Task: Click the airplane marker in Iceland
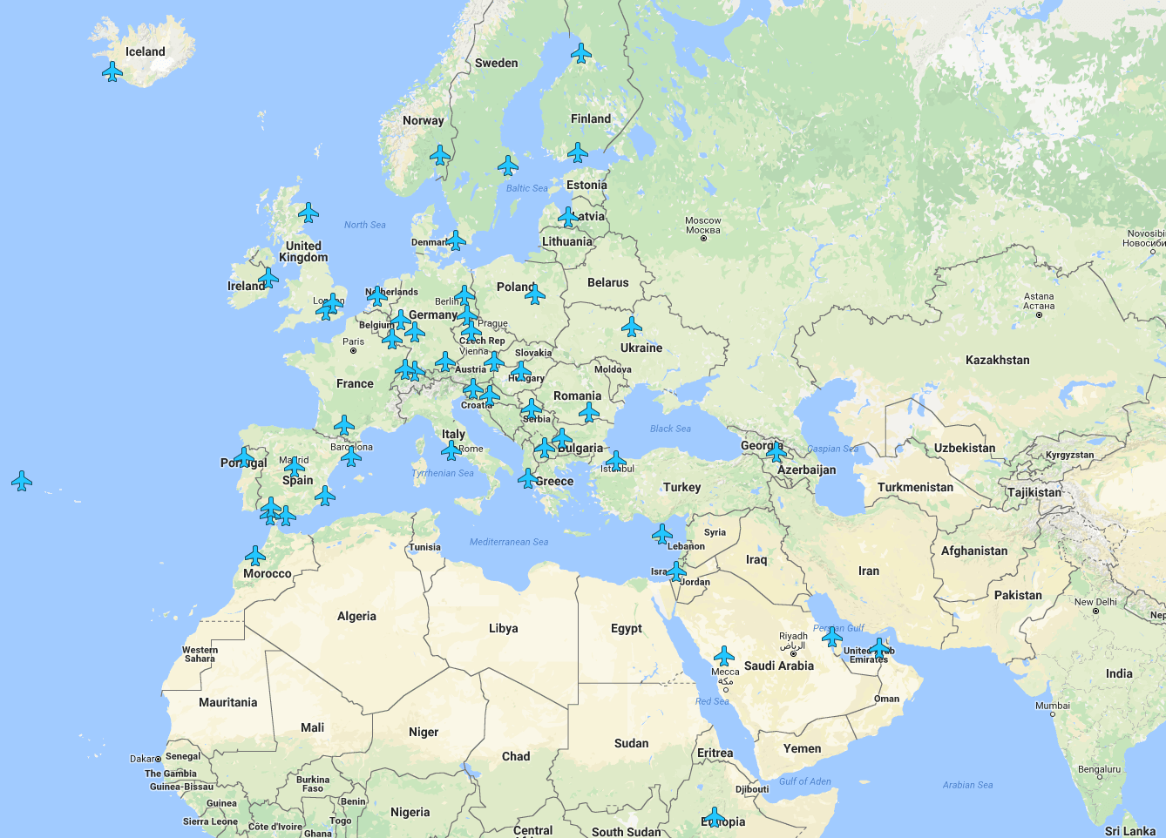tap(112, 71)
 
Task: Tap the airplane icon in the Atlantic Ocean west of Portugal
tap(22, 481)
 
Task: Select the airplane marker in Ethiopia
tap(714, 817)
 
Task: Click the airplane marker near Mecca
tap(723, 656)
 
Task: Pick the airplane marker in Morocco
tap(254, 556)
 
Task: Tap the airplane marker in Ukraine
tap(632, 328)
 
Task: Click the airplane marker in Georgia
tap(776, 452)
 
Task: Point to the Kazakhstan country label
tap(997, 360)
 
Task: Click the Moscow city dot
tap(703, 238)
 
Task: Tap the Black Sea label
tap(670, 429)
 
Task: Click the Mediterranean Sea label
tap(509, 542)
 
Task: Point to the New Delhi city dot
tap(1095, 612)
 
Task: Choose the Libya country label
tap(503, 628)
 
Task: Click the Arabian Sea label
tap(967, 785)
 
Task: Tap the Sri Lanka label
tap(1129, 831)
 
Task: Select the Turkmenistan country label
tap(915, 487)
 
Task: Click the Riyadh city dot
tap(793, 653)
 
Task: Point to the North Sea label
tap(364, 225)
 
